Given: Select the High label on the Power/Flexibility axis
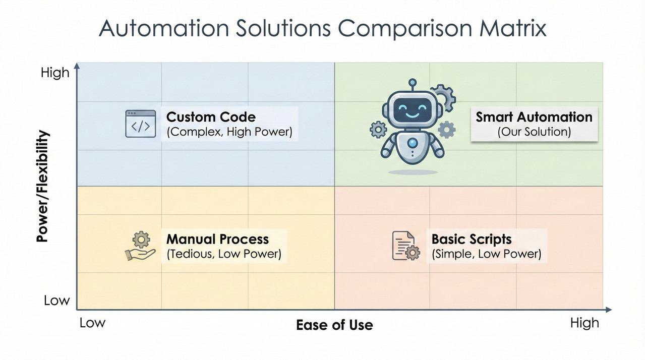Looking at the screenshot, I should [x=55, y=73].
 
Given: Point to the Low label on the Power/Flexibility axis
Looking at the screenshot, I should [x=56, y=301].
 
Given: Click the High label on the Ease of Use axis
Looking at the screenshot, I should [x=584, y=323].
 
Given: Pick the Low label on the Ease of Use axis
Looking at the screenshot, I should [x=92, y=323].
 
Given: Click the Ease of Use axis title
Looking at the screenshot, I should [x=334, y=325].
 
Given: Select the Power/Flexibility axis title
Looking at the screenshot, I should [x=43, y=186].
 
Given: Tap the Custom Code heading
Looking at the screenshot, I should [x=211, y=117].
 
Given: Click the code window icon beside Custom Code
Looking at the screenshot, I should [x=140, y=124].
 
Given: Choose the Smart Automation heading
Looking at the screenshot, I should [x=534, y=117].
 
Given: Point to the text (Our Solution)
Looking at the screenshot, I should [x=534, y=132].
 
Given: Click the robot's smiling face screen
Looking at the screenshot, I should [x=413, y=109].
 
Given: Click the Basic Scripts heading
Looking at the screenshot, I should [x=472, y=239].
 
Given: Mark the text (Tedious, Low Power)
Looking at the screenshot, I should [x=224, y=254].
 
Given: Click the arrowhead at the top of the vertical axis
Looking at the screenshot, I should [x=77, y=66].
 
